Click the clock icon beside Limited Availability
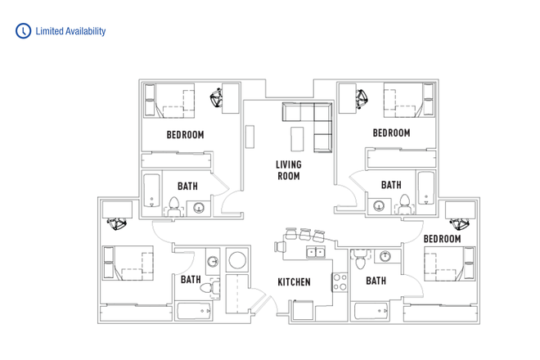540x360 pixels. (x=23, y=31)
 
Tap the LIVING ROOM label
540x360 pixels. (x=288, y=170)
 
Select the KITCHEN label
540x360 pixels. (x=294, y=282)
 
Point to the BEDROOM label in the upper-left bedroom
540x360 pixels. (x=185, y=135)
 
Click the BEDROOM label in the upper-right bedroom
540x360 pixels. (x=391, y=133)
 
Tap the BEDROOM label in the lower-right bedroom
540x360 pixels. (x=442, y=239)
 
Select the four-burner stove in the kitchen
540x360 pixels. (x=340, y=281)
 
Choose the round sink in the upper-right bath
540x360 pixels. (x=379, y=205)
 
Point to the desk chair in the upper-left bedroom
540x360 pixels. (x=218, y=98)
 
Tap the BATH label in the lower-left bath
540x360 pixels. (x=191, y=280)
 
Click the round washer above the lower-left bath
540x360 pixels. (x=237, y=261)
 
